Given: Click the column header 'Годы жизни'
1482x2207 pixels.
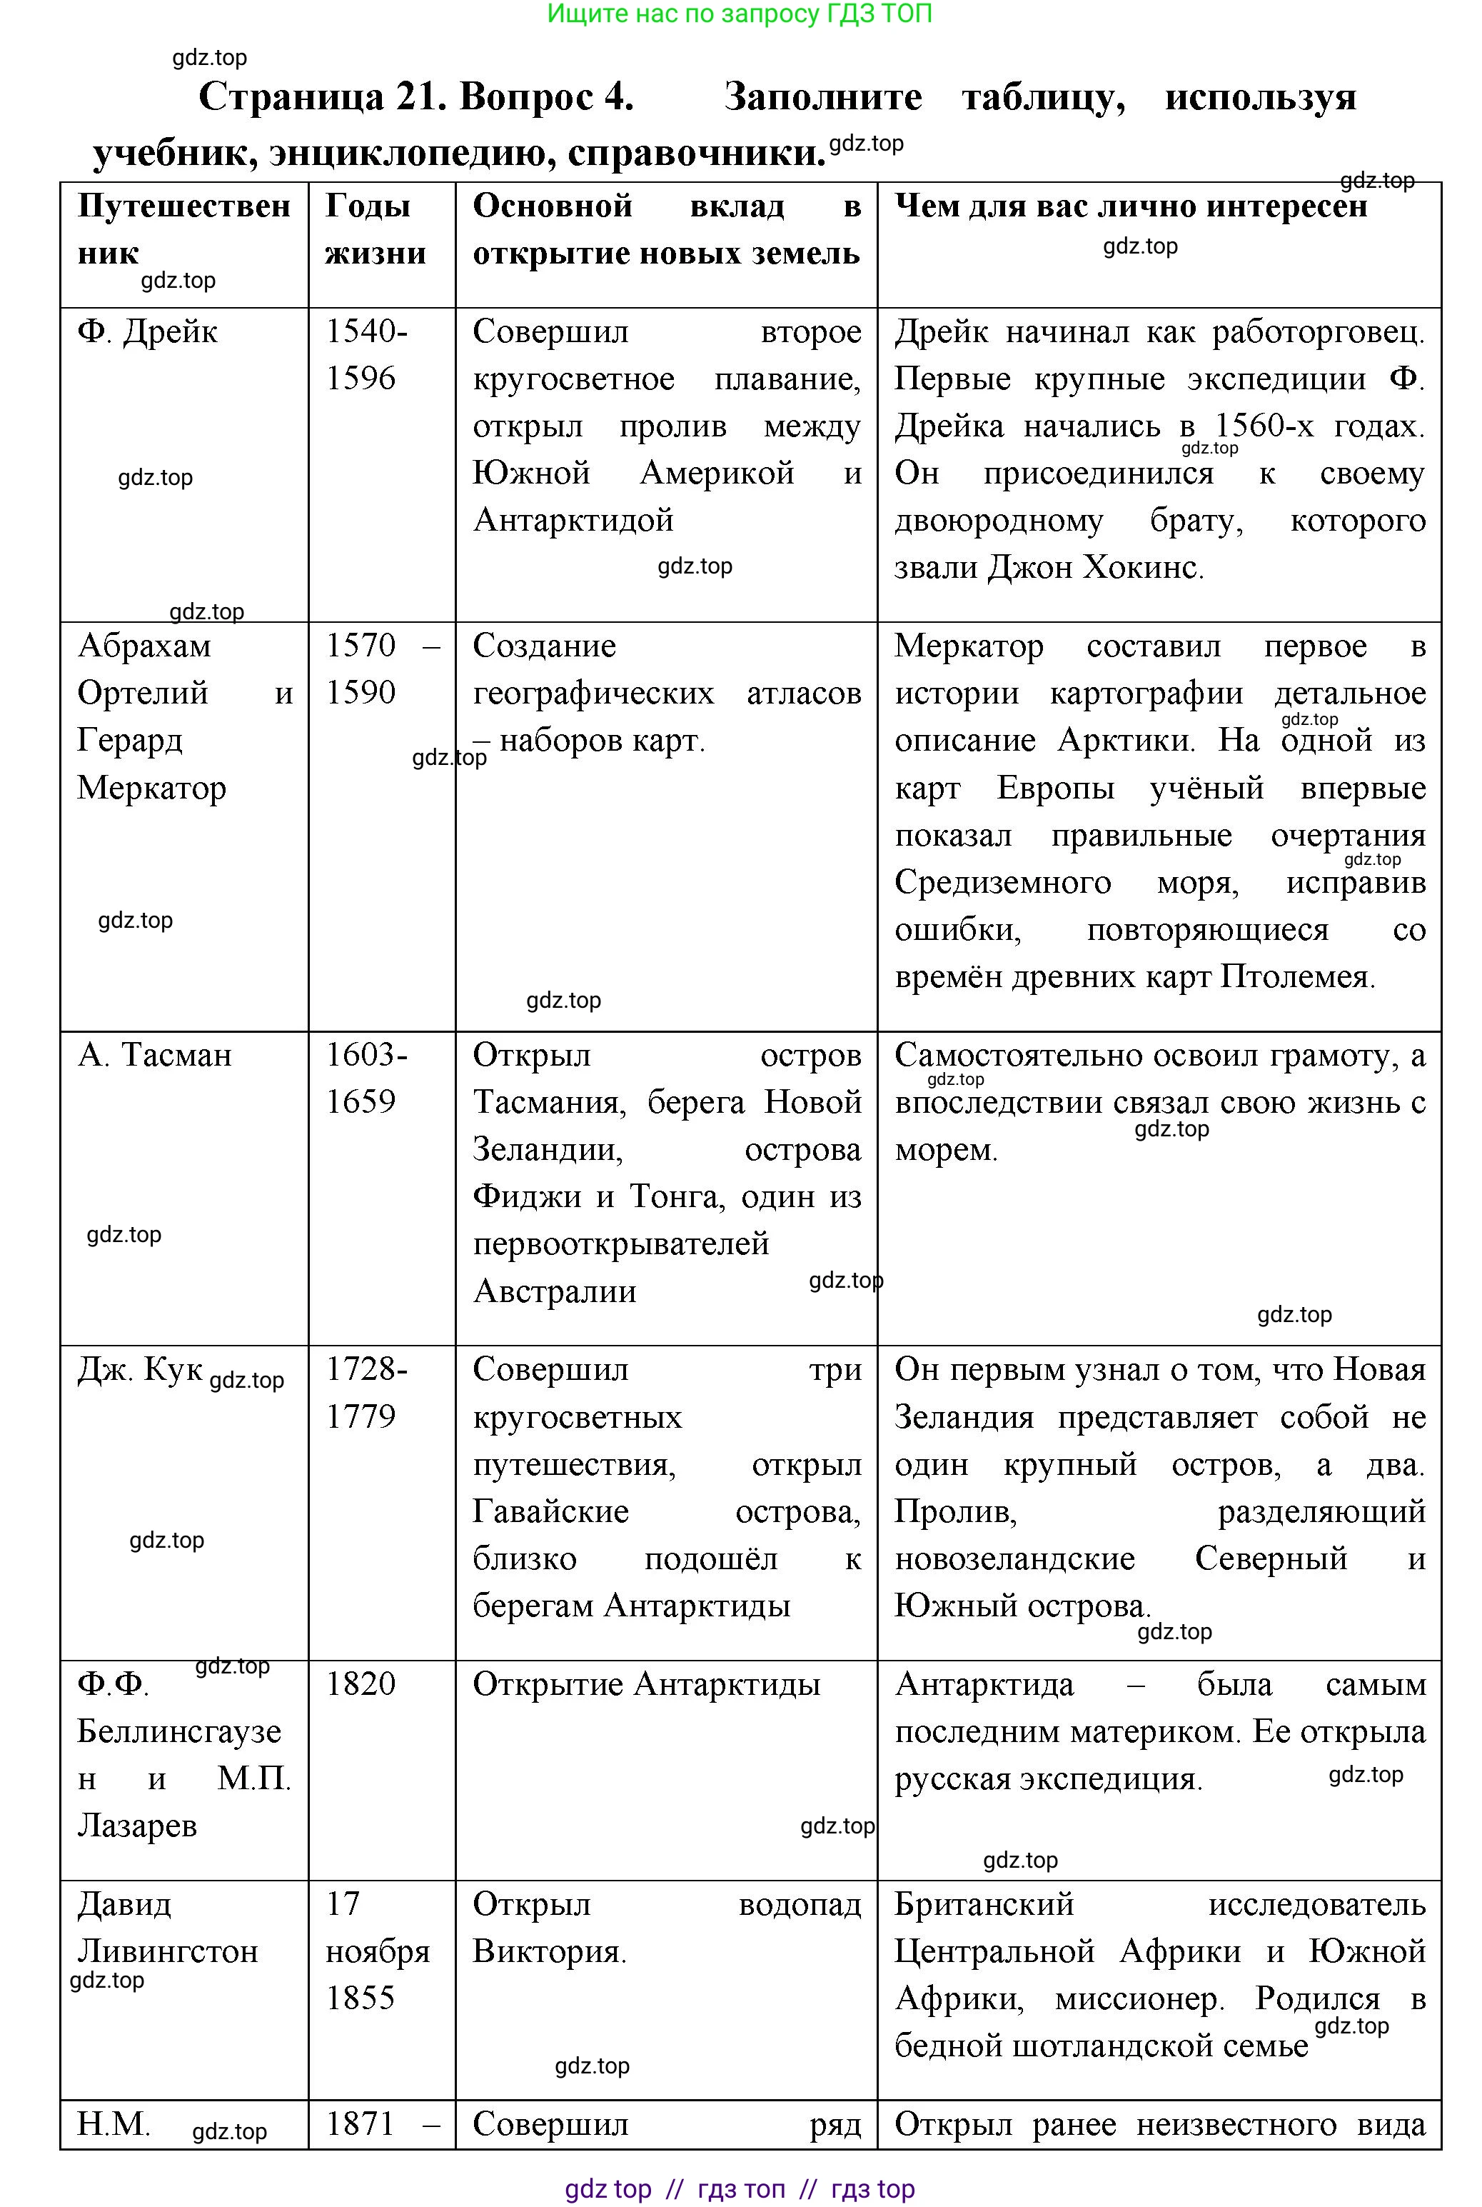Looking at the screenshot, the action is (375, 230).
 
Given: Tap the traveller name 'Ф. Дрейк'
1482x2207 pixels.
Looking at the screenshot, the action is (148, 332).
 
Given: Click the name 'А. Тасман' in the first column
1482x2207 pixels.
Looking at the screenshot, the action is (154, 1054).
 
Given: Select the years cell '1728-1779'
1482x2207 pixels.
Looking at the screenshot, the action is (367, 1392).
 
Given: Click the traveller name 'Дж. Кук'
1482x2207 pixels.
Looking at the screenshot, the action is (140, 1369).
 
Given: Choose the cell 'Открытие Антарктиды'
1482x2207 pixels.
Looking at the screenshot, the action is (647, 1684).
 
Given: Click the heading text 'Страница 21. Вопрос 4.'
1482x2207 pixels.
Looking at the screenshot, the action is (416, 97).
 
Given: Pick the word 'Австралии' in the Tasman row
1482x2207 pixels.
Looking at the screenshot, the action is (555, 1291).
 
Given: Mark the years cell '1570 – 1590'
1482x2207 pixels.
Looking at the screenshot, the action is (382, 669).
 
